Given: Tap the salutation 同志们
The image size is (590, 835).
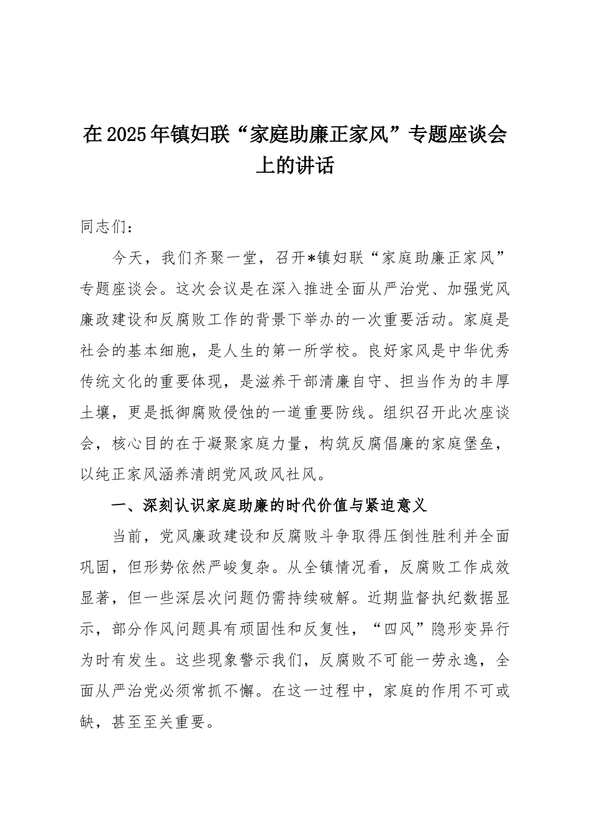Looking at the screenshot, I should [x=103, y=226].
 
